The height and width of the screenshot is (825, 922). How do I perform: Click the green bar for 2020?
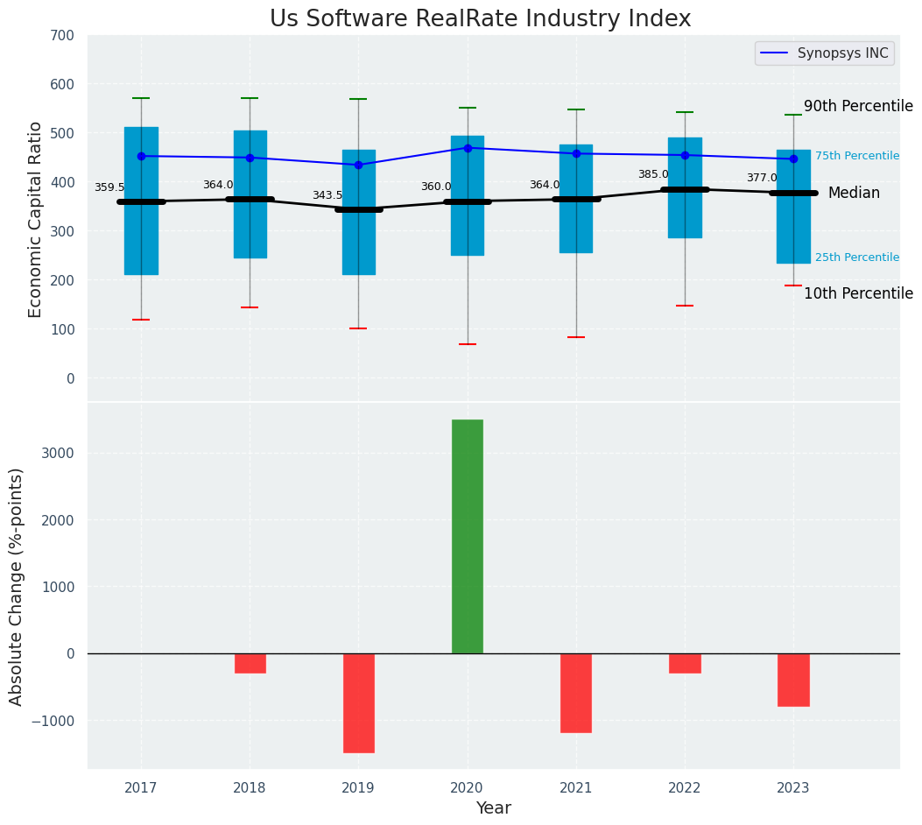pyautogui.click(x=467, y=536)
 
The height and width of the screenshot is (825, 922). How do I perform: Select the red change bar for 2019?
pyautogui.click(x=358, y=702)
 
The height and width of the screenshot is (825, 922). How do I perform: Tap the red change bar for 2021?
pyautogui.click(x=576, y=693)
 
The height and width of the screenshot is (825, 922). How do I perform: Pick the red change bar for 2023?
pyautogui.click(x=793, y=680)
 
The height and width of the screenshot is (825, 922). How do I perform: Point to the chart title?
pyautogui.click(x=480, y=19)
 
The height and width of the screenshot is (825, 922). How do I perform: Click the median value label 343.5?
pyautogui.click(x=327, y=195)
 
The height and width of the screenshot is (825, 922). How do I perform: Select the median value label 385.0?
pyautogui.click(x=653, y=174)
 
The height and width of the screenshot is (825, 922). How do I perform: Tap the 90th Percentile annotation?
pyautogui.click(x=858, y=106)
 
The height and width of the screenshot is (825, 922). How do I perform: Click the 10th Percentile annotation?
pyautogui.click(x=858, y=293)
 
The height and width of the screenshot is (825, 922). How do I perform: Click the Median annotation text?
pyautogui.click(x=854, y=193)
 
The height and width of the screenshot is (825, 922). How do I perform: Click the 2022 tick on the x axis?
pyautogui.click(x=685, y=788)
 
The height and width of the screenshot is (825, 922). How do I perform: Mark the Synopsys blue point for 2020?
pyautogui.click(x=468, y=148)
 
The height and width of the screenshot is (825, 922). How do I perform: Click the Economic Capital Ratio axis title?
pyautogui.click(x=36, y=220)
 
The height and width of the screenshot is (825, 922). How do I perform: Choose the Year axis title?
pyautogui.click(x=493, y=808)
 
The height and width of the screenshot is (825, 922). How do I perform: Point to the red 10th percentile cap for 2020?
pyautogui.click(x=468, y=344)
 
